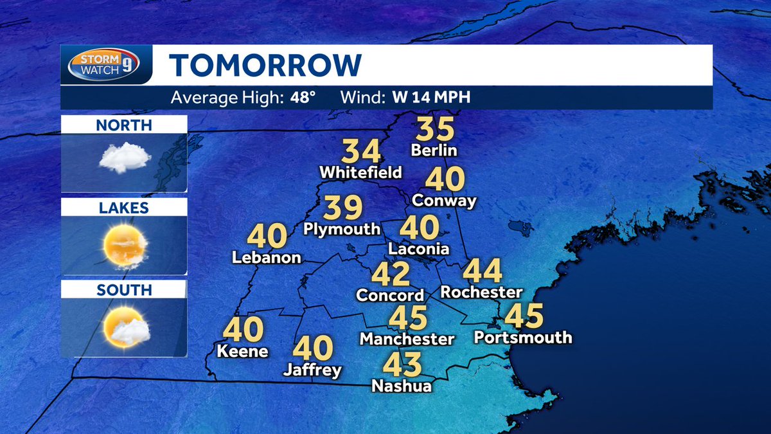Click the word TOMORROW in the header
click(x=265, y=65)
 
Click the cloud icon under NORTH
click(x=124, y=157)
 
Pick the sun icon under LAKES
click(x=124, y=244)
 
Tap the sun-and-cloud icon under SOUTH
click(x=126, y=327)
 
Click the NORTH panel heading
click(x=124, y=125)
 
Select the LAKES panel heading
click(x=124, y=208)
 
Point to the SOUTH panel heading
click(x=124, y=290)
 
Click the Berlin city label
click(x=434, y=150)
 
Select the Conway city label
click(x=445, y=200)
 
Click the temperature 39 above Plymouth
click(x=342, y=208)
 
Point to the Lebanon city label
click(x=267, y=257)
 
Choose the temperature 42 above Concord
click(x=391, y=274)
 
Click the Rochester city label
click(x=481, y=292)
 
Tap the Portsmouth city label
click(x=522, y=337)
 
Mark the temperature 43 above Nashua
click(x=402, y=365)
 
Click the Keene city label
click(x=242, y=351)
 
